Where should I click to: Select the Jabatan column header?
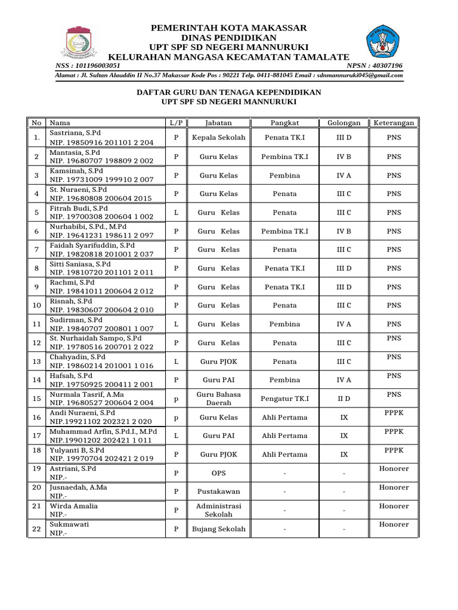[218, 123]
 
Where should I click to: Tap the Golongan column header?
[343, 123]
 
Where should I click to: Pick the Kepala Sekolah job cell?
[218, 138]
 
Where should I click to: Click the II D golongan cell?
[343, 399]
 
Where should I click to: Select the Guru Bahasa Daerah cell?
[218, 399]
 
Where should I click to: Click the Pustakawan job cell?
[218, 491]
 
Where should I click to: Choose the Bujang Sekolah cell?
[218, 529]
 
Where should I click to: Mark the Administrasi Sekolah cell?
[218, 510]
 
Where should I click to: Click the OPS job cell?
[218, 473]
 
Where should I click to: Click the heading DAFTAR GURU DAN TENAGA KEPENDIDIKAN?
[229, 92]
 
